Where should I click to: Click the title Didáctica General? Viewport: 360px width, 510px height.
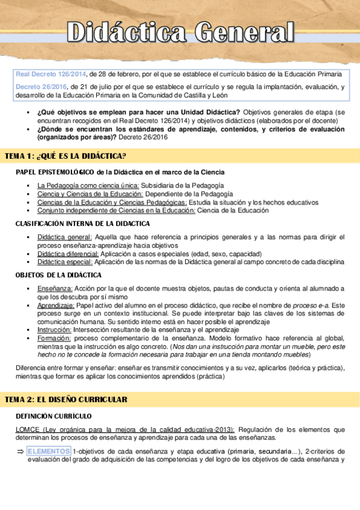tap(180, 31)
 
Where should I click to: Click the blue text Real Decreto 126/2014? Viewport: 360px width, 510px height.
tap(50, 74)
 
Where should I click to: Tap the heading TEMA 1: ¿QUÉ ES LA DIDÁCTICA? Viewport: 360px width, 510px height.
tap(65, 156)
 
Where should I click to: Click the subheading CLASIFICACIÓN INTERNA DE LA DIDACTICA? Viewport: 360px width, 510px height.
tap(82, 224)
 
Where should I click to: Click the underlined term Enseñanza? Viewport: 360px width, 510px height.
tap(55, 289)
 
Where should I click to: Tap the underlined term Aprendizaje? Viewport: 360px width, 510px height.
tap(57, 306)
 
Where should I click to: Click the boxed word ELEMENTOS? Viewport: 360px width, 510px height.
tap(49, 451)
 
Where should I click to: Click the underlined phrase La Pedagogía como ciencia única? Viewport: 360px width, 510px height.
tap(88, 185)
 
